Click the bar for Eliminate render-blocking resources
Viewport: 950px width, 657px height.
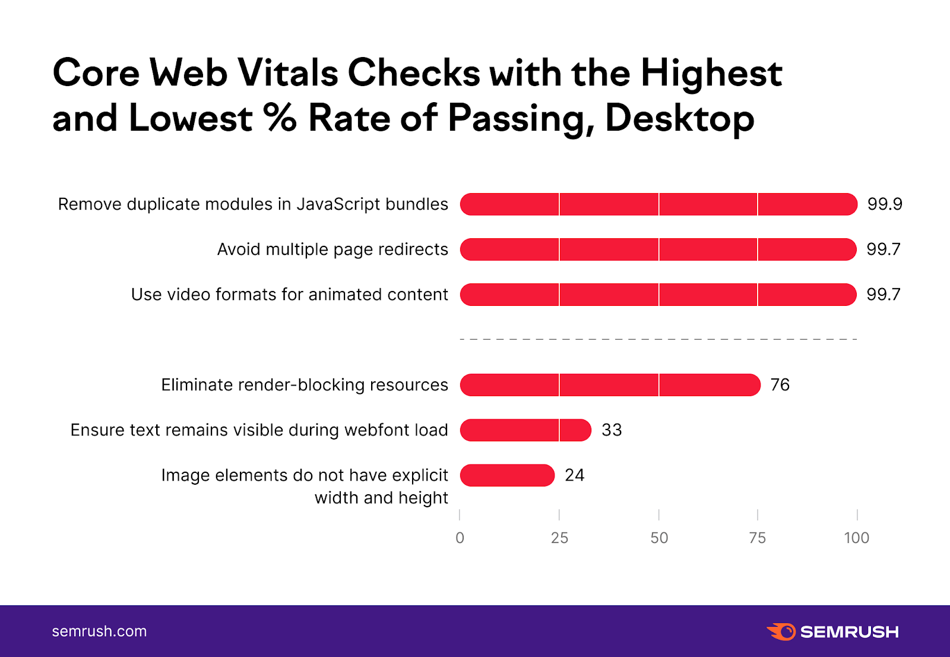[x=610, y=385]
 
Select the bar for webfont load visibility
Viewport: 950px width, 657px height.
[x=525, y=430]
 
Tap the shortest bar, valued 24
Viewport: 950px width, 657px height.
[x=507, y=475]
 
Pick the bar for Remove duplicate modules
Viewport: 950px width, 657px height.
[x=658, y=204]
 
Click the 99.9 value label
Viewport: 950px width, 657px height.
[x=885, y=204]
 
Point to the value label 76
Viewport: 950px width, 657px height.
[x=780, y=385]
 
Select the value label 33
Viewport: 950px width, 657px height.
[x=612, y=430]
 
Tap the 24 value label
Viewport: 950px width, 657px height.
[x=574, y=475]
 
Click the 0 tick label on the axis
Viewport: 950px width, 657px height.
[x=460, y=538]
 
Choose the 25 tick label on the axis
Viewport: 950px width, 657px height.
[x=559, y=538]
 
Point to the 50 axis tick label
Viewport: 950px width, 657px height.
[x=659, y=538]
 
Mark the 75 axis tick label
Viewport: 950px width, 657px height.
[x=758, y=538]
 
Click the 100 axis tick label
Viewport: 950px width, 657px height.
[x=857, y=538]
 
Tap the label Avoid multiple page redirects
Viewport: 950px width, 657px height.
[x=332, y=249]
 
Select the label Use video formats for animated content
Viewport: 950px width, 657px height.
[x=290, y=295]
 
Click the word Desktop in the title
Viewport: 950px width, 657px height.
[x=680, y=118]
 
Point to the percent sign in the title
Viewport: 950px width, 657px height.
[x=280, y=117]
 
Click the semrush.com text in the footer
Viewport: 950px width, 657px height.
[x=99, y=631]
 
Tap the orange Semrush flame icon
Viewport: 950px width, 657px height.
[x=781, y=631]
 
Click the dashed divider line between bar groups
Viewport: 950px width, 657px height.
[x=658, y=339]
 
